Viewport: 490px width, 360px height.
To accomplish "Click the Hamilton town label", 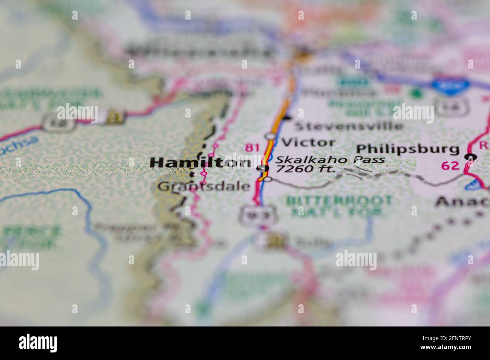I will pyautogui.click(x=200, y=163).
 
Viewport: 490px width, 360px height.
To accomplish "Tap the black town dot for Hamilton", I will pyautogui.click(x=263, y=168).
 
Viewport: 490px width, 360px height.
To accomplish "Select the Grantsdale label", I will pyautogui.click(x=204, y=186).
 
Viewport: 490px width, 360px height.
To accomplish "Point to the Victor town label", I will pyautogui.click(x=308, y=142).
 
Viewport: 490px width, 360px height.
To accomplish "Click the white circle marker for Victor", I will pyautogui.click(x=270, y=136).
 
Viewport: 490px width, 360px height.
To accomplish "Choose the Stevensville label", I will pyautogui.click(x=348, y=125).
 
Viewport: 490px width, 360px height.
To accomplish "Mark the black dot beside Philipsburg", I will pyautogui.click(x=470, y=157).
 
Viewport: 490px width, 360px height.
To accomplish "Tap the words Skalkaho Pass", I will pyautogui.click(x=330, y=160).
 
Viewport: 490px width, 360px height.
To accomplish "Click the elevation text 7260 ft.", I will pyautogui.click(x=305, y=169).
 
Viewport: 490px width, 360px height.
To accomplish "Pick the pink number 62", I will pyautogui.click(x=450, y=165).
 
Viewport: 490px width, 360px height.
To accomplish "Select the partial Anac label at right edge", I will pyautogui.click(x=462, y=203).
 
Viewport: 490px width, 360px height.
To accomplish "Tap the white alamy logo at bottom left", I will pyautogui.click(x=38, y=343).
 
